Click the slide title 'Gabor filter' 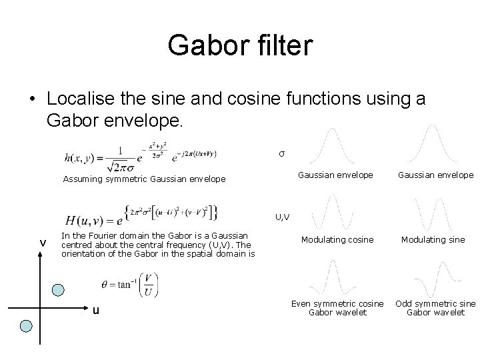(240, 45)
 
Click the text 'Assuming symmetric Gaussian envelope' (144, 179)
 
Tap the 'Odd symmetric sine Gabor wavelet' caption (435, 307)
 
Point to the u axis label (96, 309)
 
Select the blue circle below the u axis (26, 326)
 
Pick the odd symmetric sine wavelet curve (433, 277)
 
